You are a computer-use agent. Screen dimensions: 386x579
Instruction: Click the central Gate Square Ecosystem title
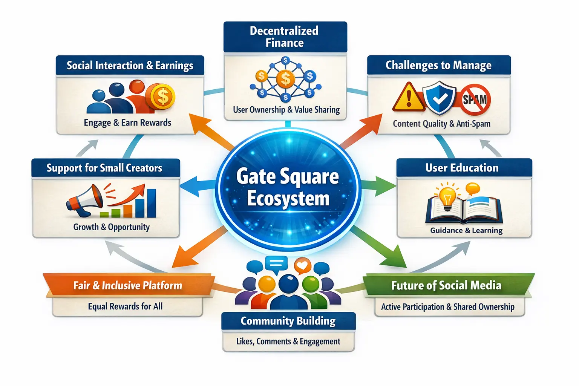[x=288, y=187]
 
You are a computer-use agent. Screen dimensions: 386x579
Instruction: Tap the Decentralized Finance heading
[x=284, y=37]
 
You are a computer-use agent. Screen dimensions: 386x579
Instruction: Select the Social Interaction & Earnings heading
[x=130, y=66]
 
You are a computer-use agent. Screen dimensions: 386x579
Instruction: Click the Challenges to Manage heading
[x=438, y=65]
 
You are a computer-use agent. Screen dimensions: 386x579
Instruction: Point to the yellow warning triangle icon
[x=408, y=97]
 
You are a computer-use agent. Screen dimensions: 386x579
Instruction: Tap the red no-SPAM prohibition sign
[x=475, y=100]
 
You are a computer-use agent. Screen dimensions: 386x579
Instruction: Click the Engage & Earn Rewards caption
[x=127, y=123]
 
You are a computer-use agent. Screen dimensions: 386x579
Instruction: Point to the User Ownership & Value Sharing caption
[x=286, y=110]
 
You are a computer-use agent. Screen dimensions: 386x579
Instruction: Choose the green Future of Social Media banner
[x=446, y=285]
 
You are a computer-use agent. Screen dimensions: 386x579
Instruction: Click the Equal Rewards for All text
[x=125, y=306]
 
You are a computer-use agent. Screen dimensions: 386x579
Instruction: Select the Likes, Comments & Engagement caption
[x=288, y=342]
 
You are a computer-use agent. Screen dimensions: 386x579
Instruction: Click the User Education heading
[x=462, y=168]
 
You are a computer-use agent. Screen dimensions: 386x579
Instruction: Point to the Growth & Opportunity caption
[x=111, y=227]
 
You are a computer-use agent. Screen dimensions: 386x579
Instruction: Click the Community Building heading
[x=288, y=321]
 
